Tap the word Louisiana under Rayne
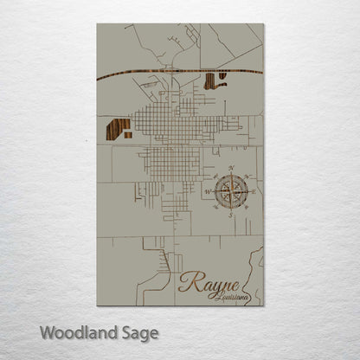(x=229, y=297)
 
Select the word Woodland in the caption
(x=73, y=332)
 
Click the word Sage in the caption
(x=138, y=333)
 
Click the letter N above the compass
(x=231, y=167)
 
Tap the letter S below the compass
(x=231, y=213)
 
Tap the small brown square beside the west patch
(x=126, y=135)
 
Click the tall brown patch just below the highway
(x=209, y=81)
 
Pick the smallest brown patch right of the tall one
(x=222, y=76)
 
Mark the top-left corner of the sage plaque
(x=97, y=24)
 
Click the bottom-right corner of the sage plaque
(x=263, y=305)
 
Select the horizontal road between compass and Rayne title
(x=216, y=236)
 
